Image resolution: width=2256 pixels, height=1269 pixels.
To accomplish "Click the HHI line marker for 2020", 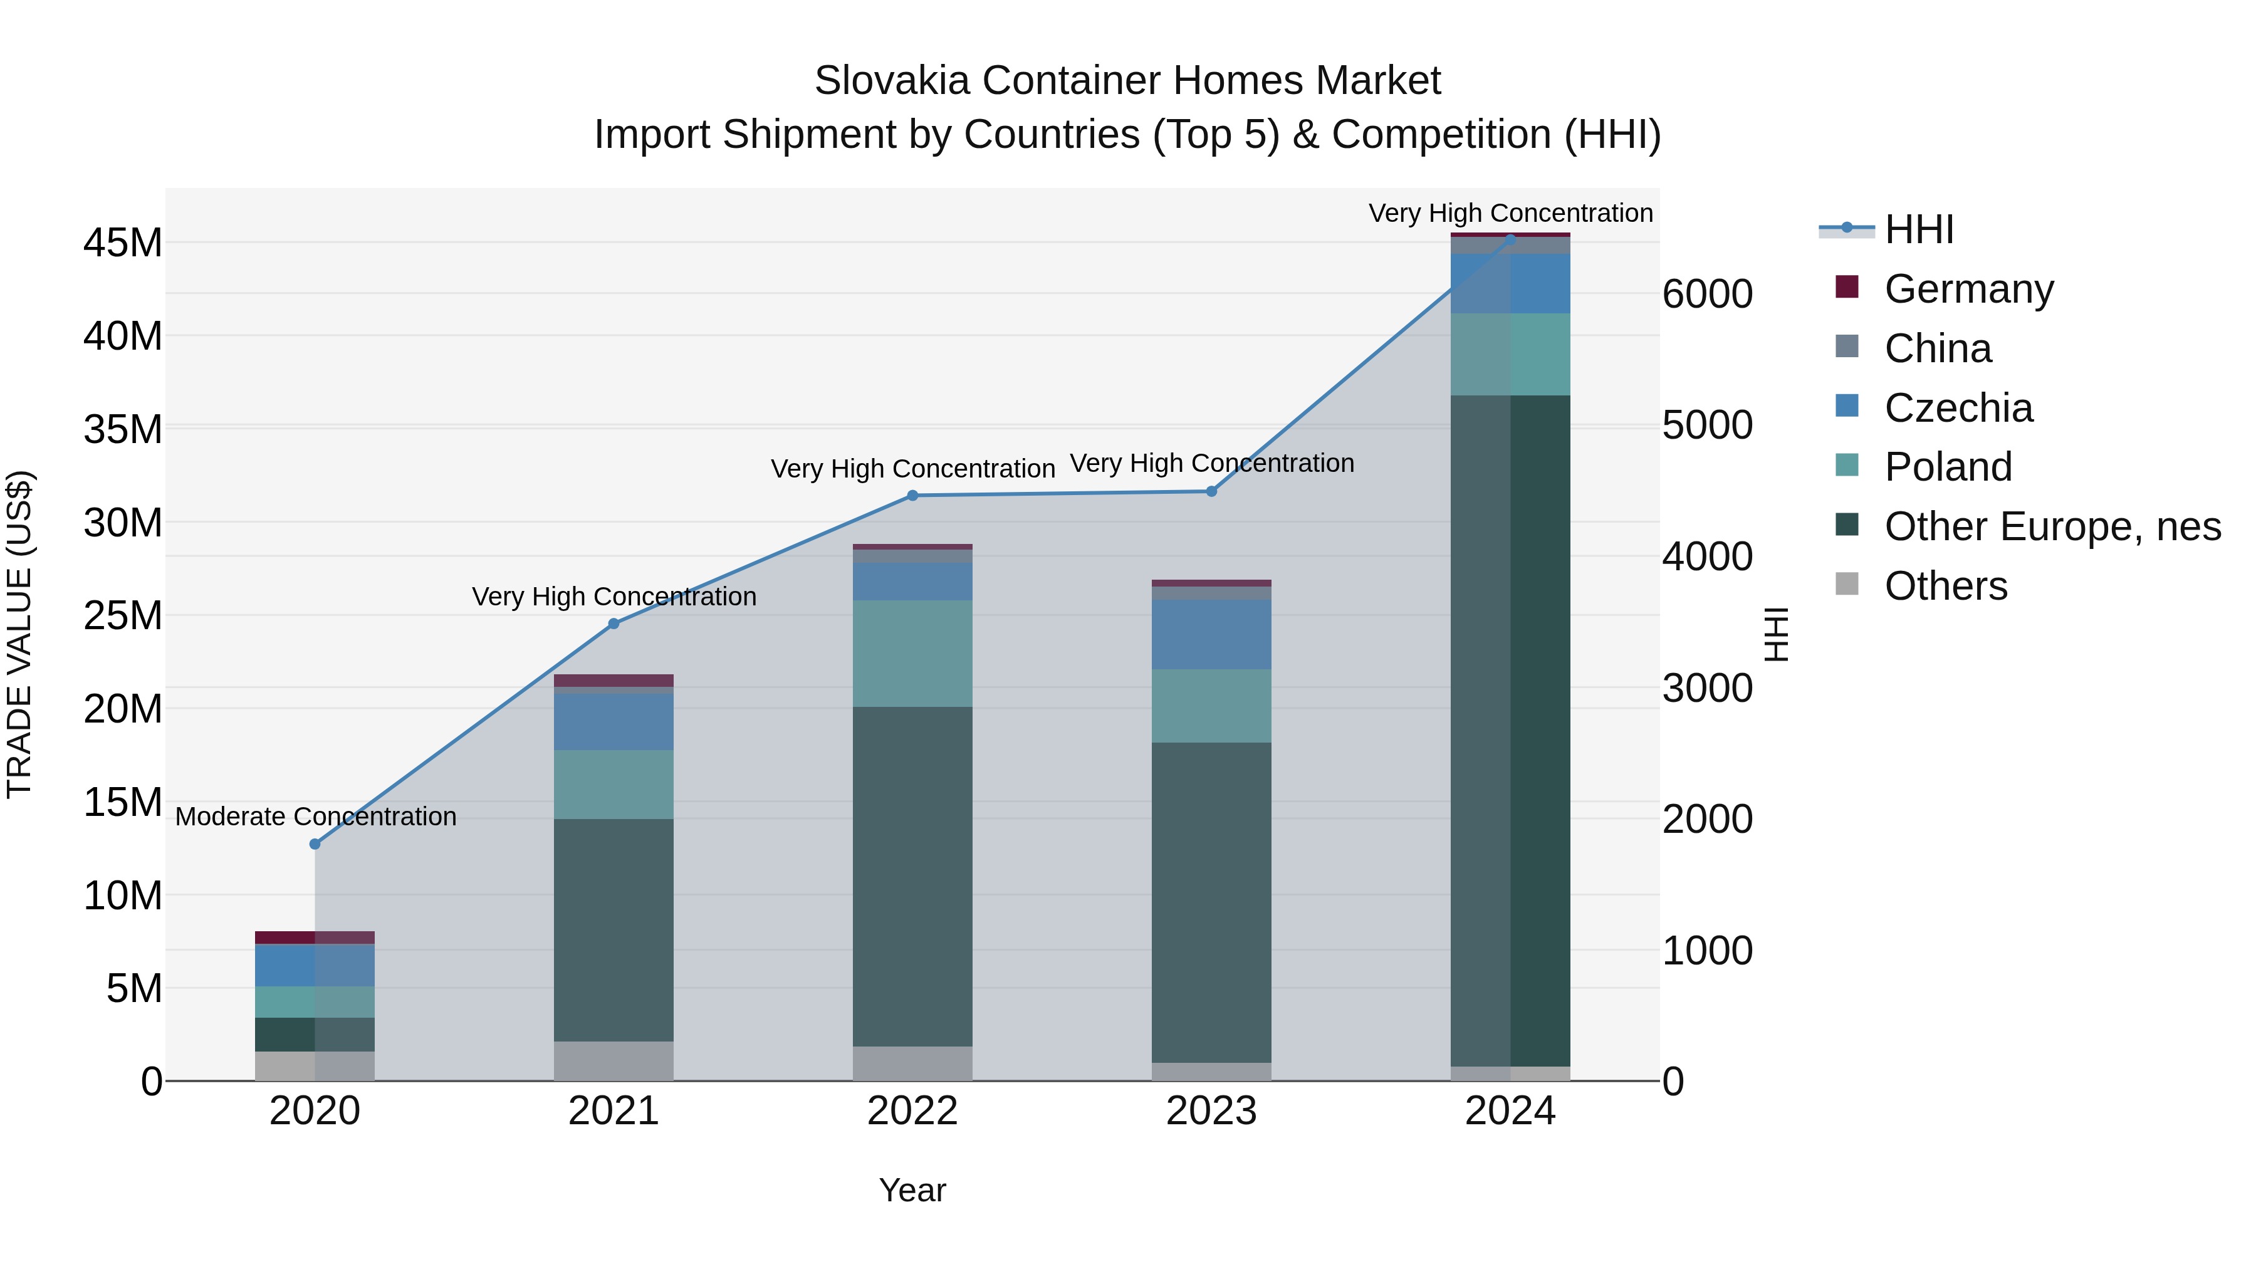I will click(315, 844).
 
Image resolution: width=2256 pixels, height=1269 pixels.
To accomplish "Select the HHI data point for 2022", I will click(912, 496).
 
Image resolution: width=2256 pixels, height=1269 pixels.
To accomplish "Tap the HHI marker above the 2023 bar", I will click(1211, 491).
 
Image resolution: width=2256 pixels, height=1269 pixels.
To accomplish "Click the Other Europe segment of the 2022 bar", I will click(912, 876).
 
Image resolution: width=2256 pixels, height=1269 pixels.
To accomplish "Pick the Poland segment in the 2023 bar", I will click(1211, 706).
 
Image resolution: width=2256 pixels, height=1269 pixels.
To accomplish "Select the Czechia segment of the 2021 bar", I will click(614, 722).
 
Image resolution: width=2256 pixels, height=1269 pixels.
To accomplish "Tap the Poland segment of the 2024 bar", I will click(1511, 354).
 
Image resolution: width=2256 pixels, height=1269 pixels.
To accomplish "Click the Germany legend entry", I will click(1968, 289).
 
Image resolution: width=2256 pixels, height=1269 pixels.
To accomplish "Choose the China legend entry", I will click(1937, 348).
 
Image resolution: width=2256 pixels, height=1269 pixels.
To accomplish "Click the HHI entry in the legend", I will click(1918, 229).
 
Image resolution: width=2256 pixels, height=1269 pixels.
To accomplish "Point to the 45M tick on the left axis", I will click(123, 243).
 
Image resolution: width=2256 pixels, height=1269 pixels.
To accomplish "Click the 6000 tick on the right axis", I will click(1707, 295).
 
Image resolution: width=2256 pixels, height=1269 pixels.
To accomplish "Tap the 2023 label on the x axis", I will click(1211, 1111).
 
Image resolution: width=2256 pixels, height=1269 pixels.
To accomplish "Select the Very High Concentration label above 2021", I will click(614, 597).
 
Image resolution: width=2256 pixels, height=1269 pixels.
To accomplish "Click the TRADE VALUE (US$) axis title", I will click(19, 634).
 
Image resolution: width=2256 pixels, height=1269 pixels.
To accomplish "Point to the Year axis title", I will click(912, 1190).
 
